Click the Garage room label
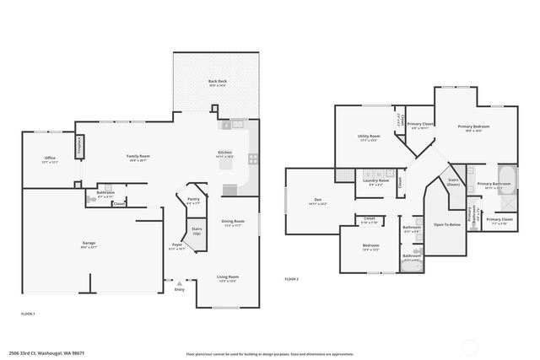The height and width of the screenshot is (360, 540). coord(89,244)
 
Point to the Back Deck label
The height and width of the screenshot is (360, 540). coord(218,82)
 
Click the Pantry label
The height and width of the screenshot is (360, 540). coord(193,201)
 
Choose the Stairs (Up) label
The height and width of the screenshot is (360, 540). coord(197,230)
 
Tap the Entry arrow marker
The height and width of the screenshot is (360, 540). coord(179,283)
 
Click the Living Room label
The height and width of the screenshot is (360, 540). coord(228,277)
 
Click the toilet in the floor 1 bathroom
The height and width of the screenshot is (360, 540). coord(90,201)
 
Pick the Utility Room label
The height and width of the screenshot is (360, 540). coord(368,137)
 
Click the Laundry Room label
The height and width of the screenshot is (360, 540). coord(376,180)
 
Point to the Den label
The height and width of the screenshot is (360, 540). coord(317,201)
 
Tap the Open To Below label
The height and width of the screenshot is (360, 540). coord(446,225)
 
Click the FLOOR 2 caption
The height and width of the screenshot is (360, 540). coord(291,278)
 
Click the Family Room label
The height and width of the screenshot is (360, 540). coord(138,157)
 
